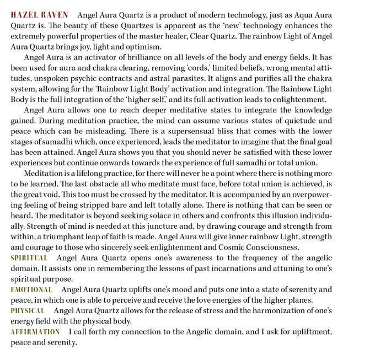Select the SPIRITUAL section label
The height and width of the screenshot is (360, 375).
point(29,258)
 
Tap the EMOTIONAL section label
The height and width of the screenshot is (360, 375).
point(31,289)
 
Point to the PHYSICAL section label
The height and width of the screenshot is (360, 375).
point(28,311)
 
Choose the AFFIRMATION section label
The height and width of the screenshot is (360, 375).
point(35,332)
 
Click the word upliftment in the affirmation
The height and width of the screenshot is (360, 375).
point(309,332)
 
